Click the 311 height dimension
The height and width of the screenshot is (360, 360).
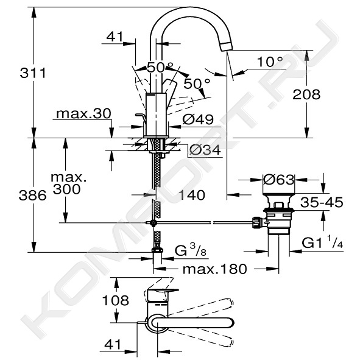pyautogui.click(x=33, y=73)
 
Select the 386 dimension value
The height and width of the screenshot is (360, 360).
pyautogui.click(x=33, y=196)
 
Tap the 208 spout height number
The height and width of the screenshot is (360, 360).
pyautogui.click(x=306, y=94)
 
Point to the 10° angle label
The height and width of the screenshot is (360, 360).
pyautogui.click(x=270, y=62)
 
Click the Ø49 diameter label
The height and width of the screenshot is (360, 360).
pyautogui.click(x=198, y=119)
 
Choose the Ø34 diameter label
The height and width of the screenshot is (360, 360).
pyautogui.click(x=205, y=150)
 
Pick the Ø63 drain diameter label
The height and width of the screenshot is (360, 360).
pyautogui.click(x=278, y=180)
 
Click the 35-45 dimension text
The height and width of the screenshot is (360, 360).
pyautogui.click(x=322, y=202)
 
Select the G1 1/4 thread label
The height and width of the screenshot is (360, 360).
pyautogui.click(x=322, y=242)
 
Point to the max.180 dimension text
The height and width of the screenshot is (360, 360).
pyautogui.click(x=215, y=269)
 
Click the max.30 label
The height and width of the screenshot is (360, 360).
pyautogui.click(x=83, y=113)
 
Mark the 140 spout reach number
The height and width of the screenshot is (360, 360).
pyautogui.click(x=192, y=195)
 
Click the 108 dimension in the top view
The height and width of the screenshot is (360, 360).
pyautogui.click(x=116, y=300)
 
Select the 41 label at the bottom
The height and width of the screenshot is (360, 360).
pyautogui.click(x=113, y=344)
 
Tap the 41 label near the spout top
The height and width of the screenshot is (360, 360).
pyautogui.click(x=115, y=37)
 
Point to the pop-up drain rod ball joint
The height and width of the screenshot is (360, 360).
pyautogui.click(x=153, y=222)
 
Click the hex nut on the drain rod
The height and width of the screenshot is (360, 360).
pyautogui.click(x=257, y=222)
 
